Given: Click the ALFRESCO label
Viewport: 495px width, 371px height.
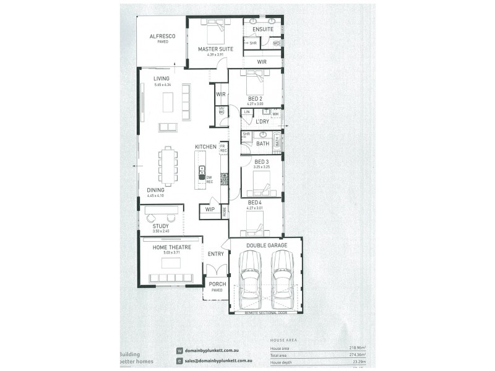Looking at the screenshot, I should pos(162,36).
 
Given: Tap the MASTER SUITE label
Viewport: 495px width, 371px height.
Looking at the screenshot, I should pos(215,49).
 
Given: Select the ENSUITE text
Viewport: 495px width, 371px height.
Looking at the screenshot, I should pos(262,29).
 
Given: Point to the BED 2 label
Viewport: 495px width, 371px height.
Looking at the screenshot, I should pos(256,99).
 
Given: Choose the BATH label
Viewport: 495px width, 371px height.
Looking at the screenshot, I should pos(262,143).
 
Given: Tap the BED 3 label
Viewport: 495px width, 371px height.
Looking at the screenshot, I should pos(262,162).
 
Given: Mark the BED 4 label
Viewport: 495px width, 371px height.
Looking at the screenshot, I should pos(256,202).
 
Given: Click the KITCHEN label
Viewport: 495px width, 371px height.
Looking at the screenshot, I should pos(205,147).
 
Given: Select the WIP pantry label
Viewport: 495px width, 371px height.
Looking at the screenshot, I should pos(210,210).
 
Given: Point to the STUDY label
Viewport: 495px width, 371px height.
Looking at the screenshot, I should pos(160,226).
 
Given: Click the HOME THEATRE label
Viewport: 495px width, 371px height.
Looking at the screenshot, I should pos(171,247).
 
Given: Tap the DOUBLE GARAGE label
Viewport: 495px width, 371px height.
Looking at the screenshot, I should pos(266,245).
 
